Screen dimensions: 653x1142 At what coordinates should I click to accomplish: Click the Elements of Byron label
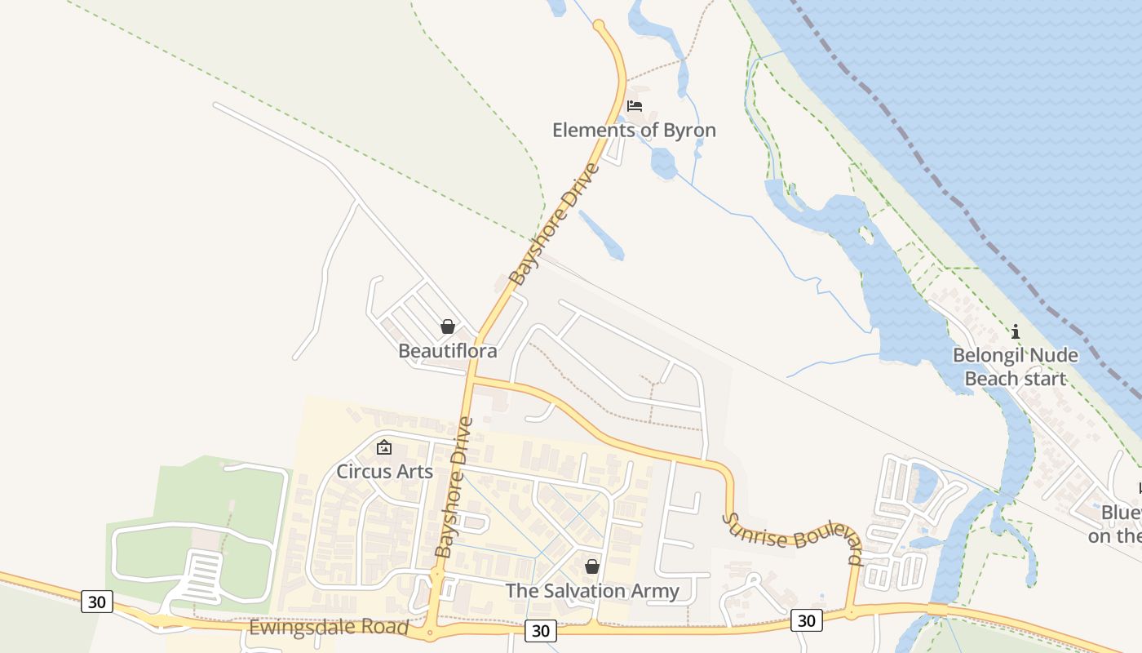634,130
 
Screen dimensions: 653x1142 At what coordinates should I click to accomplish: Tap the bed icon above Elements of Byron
635,106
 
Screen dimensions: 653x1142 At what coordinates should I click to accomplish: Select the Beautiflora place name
447,351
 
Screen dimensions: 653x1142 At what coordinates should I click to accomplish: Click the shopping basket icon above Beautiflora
448,327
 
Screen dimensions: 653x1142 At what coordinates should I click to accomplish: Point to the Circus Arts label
384,471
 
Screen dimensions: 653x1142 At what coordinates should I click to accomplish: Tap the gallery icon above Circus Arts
384,447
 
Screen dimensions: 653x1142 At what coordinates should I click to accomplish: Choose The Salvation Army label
592,590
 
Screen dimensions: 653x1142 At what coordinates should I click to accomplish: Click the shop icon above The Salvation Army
592,566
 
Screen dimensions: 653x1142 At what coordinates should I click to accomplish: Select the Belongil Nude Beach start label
1016,366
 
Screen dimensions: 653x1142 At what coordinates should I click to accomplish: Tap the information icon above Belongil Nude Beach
1016,331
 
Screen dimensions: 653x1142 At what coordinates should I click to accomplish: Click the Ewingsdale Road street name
328,628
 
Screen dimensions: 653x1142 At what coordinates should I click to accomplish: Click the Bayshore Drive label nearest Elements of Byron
554,224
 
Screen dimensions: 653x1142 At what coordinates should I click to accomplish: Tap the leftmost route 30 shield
97,602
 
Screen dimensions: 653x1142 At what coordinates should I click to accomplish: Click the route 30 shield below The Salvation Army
540,630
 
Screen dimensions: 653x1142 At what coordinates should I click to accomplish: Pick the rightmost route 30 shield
806,620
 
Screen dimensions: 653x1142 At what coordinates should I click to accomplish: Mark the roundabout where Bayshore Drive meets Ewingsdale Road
431,633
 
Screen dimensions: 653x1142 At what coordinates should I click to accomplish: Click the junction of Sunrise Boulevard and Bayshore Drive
471,380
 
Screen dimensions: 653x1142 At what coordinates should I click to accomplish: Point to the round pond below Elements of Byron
664,164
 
